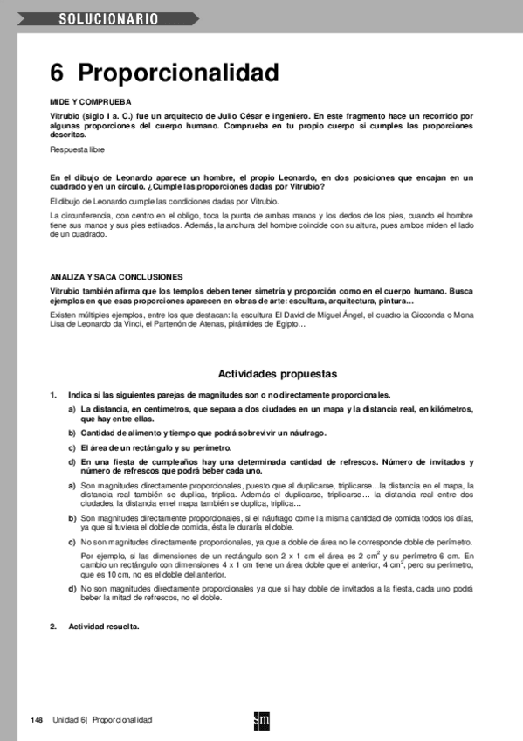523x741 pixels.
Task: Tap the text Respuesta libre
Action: click(x=77, y=150)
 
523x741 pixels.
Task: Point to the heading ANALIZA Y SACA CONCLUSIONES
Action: click(x=116, y=276)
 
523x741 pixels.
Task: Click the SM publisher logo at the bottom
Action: click(x=261, y=720)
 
